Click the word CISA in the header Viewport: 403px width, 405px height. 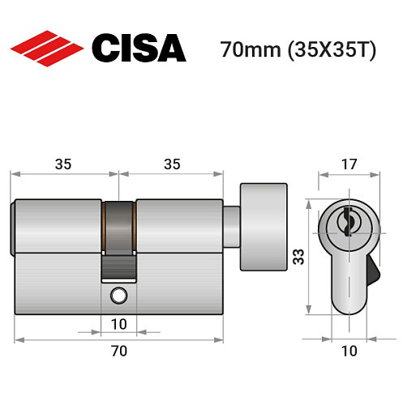(x=139, y=49)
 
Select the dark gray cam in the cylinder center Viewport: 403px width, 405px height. (x=119, y=227)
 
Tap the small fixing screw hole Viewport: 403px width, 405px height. (x=119, y=296)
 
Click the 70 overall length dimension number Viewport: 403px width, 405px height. (x=118, y=351)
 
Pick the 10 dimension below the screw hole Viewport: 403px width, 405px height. (x=118, y=325)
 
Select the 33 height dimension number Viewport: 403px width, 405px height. (x=298, y=258)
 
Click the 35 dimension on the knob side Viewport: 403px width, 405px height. (x=171, y=164)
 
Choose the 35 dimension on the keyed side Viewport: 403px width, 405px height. (x=64, y=164)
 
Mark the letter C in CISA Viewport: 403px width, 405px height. (x=106, y=49)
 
